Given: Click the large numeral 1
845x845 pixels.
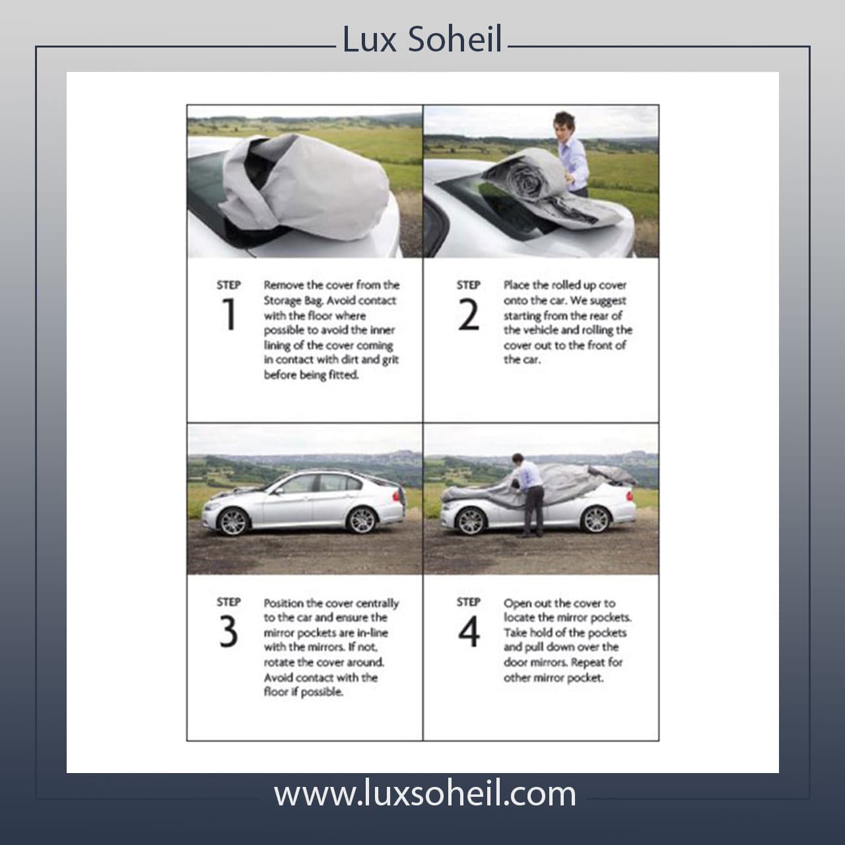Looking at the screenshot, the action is click(x=229, y=314).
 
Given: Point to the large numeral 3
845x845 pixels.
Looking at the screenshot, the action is click(x=228, y=632).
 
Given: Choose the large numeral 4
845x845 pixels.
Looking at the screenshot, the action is click(x=469, y=632).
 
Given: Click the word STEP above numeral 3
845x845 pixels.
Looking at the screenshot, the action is click(x=228, y=601).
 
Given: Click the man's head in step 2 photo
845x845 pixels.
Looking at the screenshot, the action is click(x=564, y=123).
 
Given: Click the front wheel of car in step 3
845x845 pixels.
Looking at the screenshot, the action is click(x=233, y=522).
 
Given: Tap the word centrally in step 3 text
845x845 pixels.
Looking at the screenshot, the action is click(x=377, y=603).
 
